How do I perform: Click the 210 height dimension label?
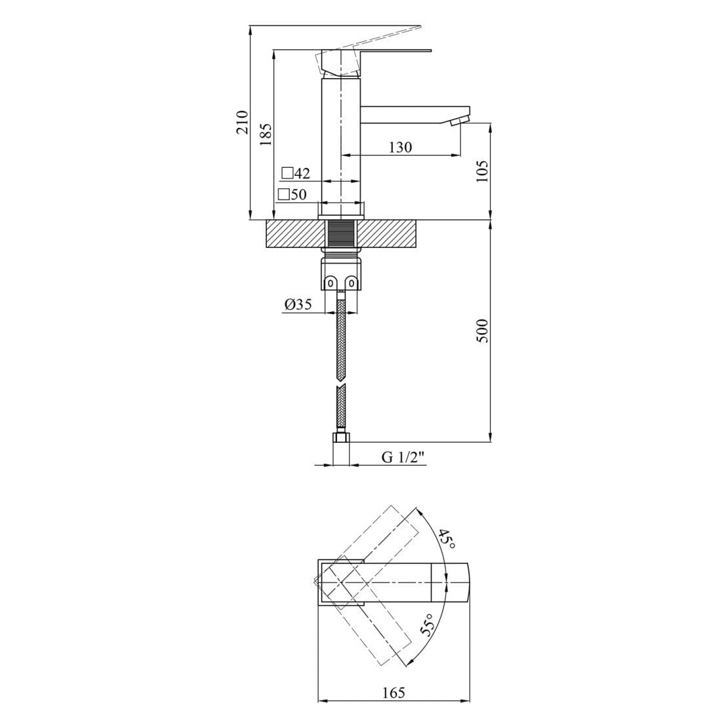(x=242, y=123)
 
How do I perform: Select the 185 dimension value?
(x=266, y=134)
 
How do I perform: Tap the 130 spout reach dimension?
(x=400, y=148)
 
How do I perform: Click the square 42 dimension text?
(x=296, y=174)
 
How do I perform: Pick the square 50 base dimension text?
(x=293, y=194)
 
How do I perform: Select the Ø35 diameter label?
(x=298, y=304)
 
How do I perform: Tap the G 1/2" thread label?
(x=403, y=457)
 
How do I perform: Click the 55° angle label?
(x=428, y=626)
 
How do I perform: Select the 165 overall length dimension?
(x=394, y=692)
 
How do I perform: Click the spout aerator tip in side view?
(x=461, y=121)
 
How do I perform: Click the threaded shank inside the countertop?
(x=341, y=234)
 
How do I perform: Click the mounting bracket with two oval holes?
(x=341, y=282)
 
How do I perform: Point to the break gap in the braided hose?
(x=341, y=385)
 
